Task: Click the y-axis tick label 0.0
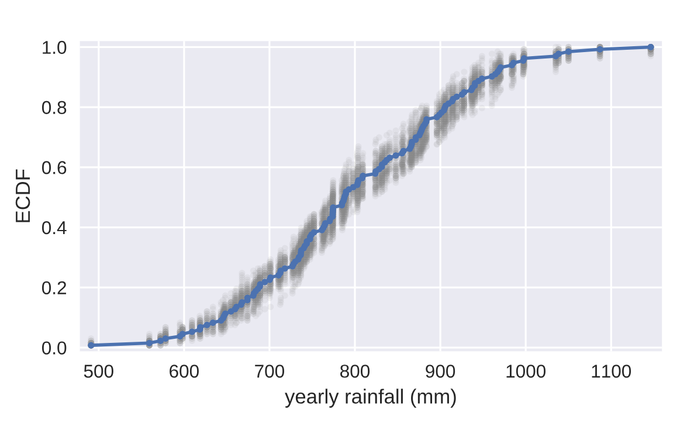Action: (54, 348)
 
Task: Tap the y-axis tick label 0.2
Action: (54, 288)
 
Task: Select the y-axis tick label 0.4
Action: (54, 228)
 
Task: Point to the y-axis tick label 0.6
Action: (54, 168)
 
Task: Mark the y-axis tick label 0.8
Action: (54, 108)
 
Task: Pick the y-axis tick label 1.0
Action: (54, 47)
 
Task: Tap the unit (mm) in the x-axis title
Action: (433, 398)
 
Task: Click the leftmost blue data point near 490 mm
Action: (91, 345)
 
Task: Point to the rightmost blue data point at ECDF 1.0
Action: (651, 47)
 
